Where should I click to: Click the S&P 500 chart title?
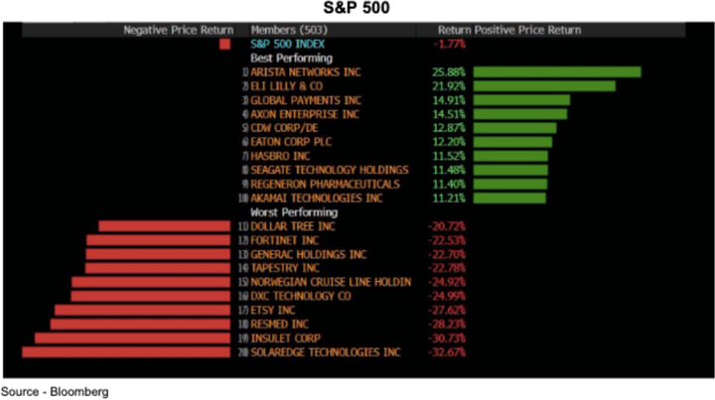[x=357, y=9]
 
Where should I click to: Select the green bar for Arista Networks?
[x=556, y=72]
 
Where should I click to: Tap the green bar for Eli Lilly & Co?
[x=543, y=86]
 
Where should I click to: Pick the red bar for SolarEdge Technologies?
[x=126, y=352]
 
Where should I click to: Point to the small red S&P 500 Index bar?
[x=225, y=44]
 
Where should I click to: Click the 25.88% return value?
[x=449, y=72]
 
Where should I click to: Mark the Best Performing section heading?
[x=291, y=59]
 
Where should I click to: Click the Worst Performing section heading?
[x=294, y=212]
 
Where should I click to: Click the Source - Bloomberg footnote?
[x=56, y=391]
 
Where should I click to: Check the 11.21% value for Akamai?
[x=449, y=199]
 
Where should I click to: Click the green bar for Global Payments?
[x=521, y=100]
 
